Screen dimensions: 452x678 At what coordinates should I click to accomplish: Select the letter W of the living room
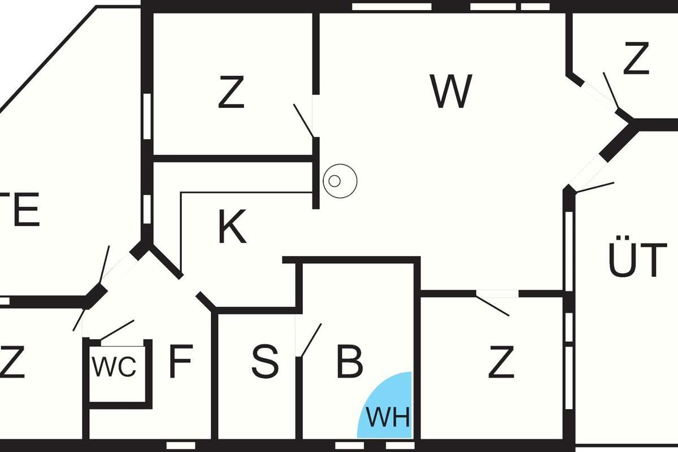[x=450, y=92]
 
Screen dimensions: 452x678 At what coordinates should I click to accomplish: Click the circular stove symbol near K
[x=340, y=181]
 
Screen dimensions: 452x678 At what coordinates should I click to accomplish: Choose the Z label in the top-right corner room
[x=636, y=59]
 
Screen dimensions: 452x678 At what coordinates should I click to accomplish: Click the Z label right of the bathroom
[x=501, y=364]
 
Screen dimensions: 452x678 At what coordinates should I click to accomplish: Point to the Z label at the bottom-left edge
[x=12, y=364]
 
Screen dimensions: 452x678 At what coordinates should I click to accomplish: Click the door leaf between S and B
[x=311, y=340]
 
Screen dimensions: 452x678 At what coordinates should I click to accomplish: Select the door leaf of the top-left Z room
[x=304, y=120]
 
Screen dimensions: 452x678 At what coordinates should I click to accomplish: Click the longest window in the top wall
[x=391, y=6]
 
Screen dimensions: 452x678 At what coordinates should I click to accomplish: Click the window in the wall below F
[x=181, y=446]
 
